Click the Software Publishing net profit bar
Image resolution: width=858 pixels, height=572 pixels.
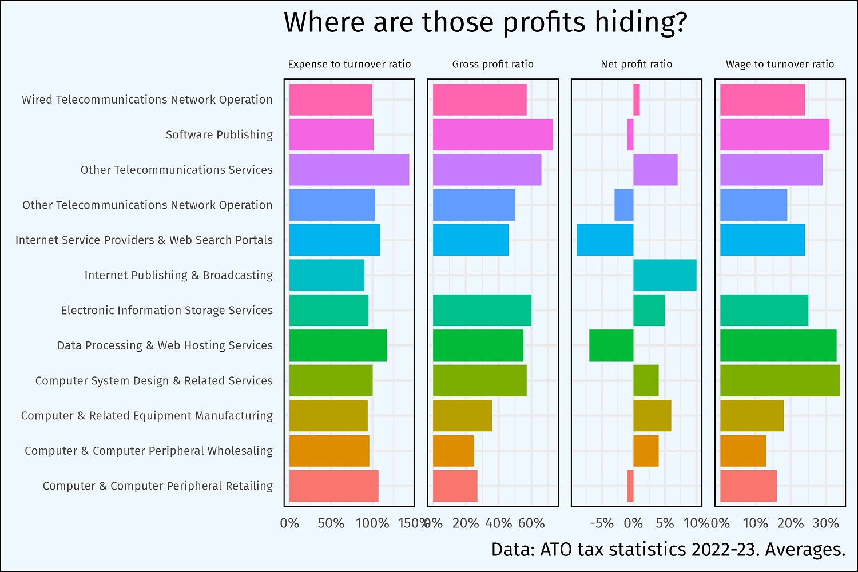(x=630, y=134)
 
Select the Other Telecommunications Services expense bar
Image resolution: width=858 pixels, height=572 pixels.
(x=349, y=170)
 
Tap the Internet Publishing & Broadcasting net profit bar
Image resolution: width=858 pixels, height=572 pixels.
(x=665, y=275)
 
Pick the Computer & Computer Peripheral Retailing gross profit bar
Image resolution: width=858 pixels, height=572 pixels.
(x=455, y=486)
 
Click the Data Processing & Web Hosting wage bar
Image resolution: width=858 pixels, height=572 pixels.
(x=778, y=345)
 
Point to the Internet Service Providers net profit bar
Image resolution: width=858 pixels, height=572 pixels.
(x=605, y=240)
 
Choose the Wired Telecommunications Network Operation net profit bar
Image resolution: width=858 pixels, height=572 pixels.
(x=637, y=100)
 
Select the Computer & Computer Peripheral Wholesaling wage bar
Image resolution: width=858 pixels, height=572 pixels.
(x=743, y=451)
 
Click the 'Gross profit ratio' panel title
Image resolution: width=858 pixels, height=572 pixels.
(x=492, y=64)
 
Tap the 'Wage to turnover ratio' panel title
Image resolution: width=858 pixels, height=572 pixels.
(x=780, y=64)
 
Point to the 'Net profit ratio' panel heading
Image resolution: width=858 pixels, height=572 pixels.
(x=636, y=64)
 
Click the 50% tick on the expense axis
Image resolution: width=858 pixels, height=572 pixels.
(x=331, y=523)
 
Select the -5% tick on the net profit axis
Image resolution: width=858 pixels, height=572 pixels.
(x=601, y=523)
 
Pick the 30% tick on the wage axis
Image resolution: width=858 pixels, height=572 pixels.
(x=825, y=523)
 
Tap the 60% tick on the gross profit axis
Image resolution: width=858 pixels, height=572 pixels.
(x=531, y=523)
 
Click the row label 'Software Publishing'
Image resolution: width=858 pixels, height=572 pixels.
(x=219, y=134)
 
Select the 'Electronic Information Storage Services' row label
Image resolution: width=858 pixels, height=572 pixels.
(x=166, y=310)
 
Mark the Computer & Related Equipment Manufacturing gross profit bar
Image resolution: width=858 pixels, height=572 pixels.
(x=462, y=416)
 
